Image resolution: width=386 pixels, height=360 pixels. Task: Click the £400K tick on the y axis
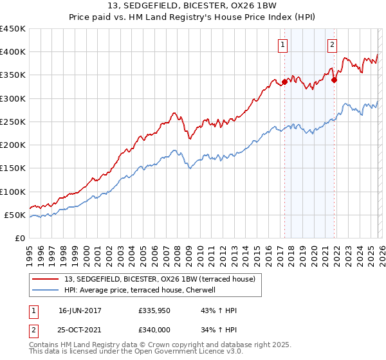tap(13, 52)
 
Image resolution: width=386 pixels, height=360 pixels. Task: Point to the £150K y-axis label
tap(13, 168)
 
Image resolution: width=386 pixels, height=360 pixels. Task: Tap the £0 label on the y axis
tap(20, 239)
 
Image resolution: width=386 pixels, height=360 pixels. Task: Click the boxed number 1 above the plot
tap(284, 45)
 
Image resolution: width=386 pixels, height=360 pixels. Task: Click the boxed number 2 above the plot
tap(333, 45)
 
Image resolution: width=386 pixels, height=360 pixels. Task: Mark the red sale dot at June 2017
tap(284, 82)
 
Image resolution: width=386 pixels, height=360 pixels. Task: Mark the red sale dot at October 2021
tap(334, 80)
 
